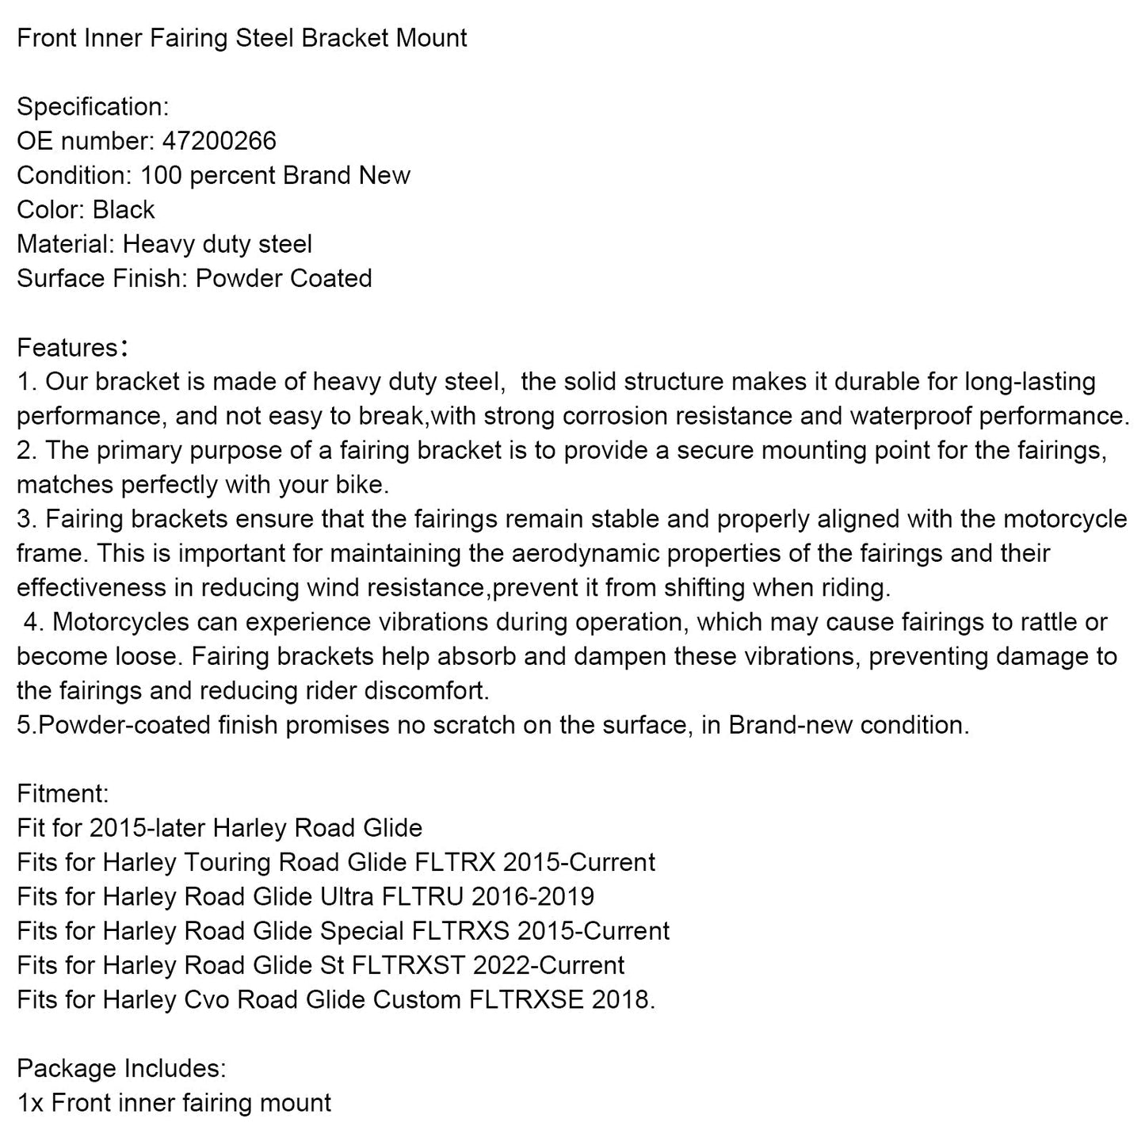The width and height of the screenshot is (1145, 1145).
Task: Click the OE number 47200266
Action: coord(219,141)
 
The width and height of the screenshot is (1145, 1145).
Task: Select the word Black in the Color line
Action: coord(124,210)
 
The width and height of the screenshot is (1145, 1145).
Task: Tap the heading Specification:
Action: coord(93,107)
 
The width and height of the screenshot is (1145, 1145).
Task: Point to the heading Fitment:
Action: coord(63,793)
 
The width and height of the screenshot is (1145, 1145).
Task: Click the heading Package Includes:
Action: coord(121,1068)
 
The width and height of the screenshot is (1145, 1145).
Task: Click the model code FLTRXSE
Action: coord(526,1000)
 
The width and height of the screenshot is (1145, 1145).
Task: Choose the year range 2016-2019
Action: coord(532,896)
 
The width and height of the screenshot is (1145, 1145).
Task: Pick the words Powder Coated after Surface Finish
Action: coord(284,279)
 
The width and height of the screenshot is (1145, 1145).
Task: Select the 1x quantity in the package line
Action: coord(30,1103)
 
